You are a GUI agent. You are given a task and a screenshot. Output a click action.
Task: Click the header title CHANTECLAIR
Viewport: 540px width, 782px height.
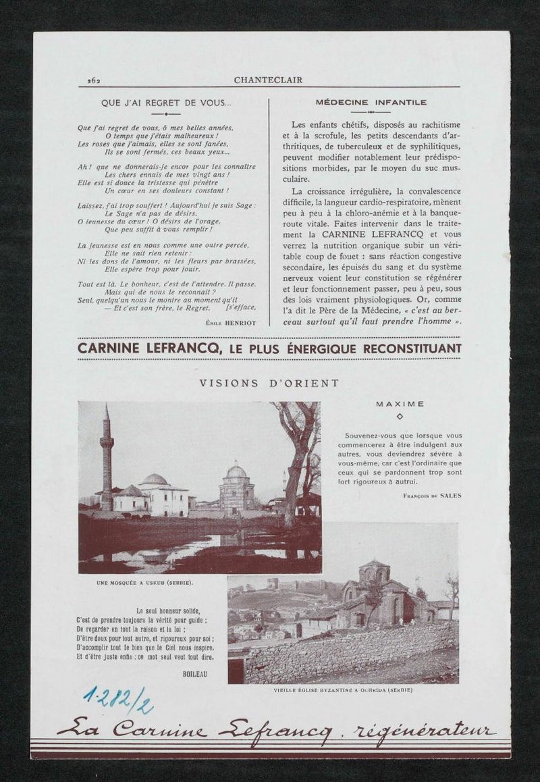coord(268,80)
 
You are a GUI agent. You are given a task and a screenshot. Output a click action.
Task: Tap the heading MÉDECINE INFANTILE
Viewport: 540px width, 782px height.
coord(371,103)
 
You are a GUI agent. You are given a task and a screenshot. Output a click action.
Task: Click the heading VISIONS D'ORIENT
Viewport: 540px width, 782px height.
coord(269,383)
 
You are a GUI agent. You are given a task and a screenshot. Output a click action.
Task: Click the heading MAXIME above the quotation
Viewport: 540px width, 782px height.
coord(400,404)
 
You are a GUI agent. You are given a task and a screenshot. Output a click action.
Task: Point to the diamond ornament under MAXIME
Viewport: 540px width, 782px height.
coord(400,417)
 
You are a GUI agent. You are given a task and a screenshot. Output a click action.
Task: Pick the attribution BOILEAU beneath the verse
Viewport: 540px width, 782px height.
coord(194,674)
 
